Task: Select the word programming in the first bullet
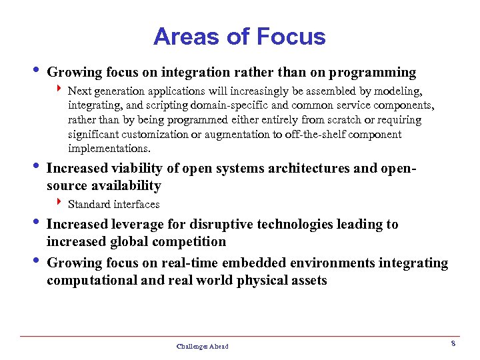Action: click(x=377, y=72)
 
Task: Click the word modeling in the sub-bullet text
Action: click(x=400, y=91)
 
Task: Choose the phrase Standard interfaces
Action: click(x=113, y=204)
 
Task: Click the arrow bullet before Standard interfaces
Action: click(x=59, y=203)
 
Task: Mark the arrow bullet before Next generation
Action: click(x=59, y=89)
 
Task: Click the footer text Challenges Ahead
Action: click(x=202, y=347)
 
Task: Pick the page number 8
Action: click(x=453, y=343)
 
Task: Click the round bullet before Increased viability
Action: click(x=35, y=167)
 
